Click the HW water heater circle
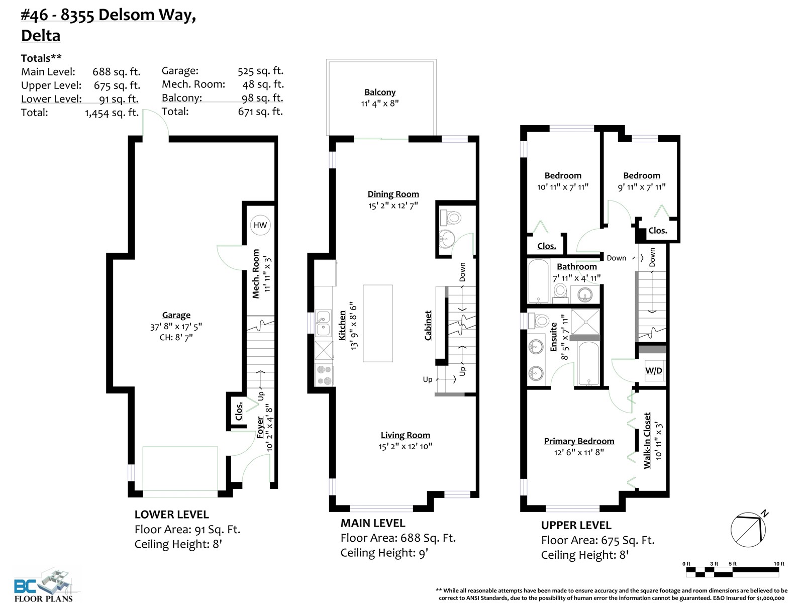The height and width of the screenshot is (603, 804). pos(260,225)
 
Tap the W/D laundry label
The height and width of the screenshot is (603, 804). pos(653,370)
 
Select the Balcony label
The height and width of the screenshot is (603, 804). pos(380,92)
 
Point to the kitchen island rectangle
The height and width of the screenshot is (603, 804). pos(378,323)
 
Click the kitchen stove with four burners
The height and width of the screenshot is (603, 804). pos(324,375)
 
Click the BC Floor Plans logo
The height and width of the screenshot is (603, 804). pos(44,585)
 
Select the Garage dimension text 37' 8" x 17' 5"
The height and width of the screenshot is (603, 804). pos(176,326)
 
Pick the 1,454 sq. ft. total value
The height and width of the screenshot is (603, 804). pos(112,113)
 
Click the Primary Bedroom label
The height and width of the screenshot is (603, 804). pos(579,441)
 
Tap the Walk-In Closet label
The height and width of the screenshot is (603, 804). pos(647,441)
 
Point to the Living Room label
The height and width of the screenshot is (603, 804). pos(405,435)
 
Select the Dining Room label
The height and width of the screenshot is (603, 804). pos(393,194)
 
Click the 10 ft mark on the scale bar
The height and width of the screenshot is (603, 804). pos(779,564)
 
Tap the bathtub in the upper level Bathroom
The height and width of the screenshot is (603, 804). pos(539,281)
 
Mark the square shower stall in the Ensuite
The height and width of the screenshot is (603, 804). pos(585,322)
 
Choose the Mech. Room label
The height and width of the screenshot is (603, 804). pos(256,273)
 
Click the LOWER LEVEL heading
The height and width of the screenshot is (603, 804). pos(171,515)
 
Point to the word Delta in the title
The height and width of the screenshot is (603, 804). pos(41,36)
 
